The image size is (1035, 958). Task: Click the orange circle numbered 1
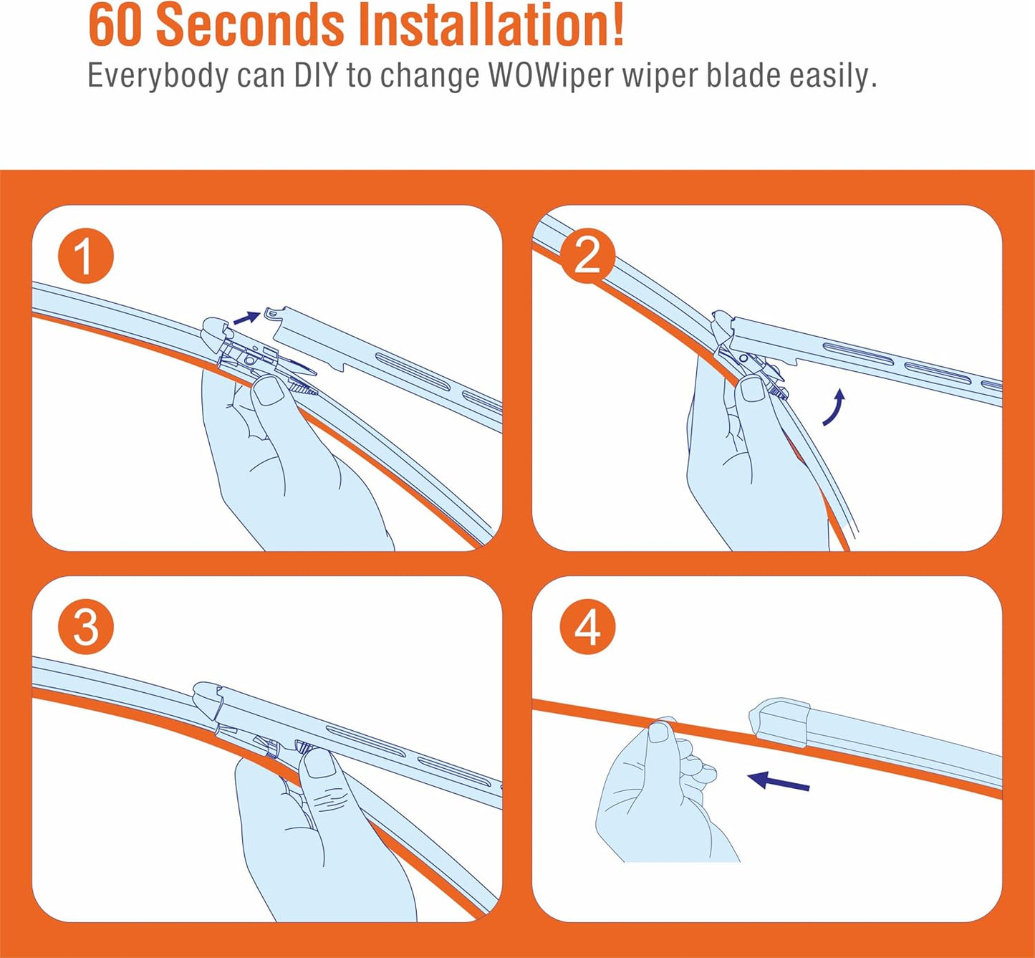click(x=85, y=257)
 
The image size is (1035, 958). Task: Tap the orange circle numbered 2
click(x=587, y=257)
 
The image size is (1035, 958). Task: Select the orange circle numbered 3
click(x=85, y=628)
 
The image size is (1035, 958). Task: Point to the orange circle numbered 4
click(x=587, y=628)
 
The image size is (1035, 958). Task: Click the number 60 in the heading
click(x=116, y=26)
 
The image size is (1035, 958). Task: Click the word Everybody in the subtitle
click(x=158, y=76)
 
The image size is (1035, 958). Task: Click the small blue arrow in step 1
click(x=246, y=317)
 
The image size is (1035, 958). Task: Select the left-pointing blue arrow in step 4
click(x=779, y=781)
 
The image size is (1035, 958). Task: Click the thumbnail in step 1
click(x=268, y=390)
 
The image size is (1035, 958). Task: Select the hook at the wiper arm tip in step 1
click(x=270, y=313)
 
